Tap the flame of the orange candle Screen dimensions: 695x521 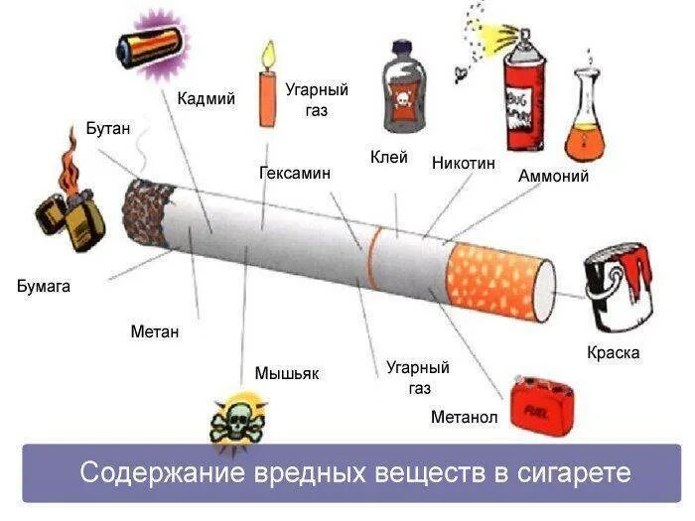click(x=266, y=53)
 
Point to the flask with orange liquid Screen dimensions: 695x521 click(x=585, y=130)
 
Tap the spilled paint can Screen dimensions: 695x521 click(x=618, y=289)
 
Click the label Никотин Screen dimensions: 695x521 click(x=463, y=163)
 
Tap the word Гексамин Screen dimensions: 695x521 click(x=295, y=173)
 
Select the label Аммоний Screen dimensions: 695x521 click(x=553, y=177)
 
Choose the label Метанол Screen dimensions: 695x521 click(x=464, y=417)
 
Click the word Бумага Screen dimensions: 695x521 click(x=44, y=287)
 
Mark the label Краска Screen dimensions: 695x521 click(x=613, y=353)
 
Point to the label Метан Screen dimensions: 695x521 click(x=155, y=331)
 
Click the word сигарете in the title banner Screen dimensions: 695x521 click(x=575, y=471)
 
